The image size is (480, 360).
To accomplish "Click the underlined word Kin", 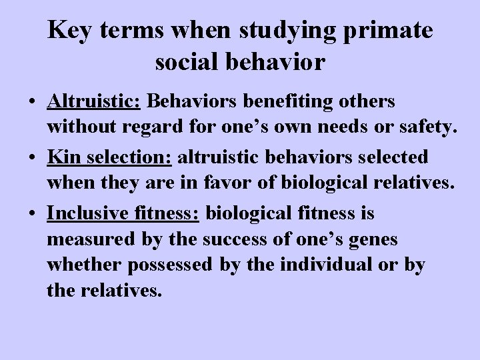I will click(61, 158).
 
